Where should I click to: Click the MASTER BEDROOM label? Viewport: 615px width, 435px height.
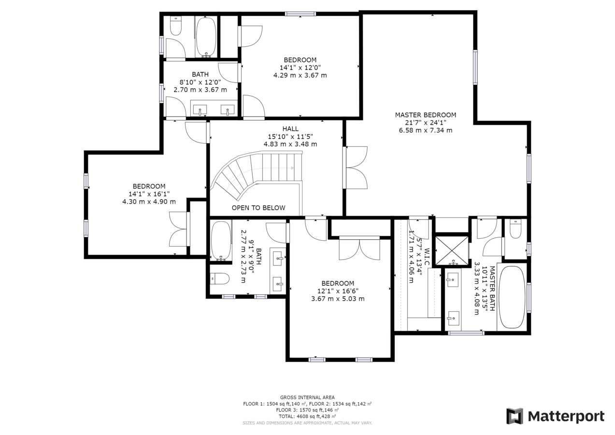tap(426, 115)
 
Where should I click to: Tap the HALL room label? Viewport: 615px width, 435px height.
tap(290, 129)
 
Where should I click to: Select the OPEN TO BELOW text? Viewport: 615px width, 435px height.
tap(258, 208)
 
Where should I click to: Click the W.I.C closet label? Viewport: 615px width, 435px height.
tap(427, 257)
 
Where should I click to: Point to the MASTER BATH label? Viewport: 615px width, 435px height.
tap(492, 289)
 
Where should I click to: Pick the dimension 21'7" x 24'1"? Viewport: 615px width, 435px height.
tap(426, 123)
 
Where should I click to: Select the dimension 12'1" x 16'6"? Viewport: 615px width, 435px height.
tap(338, 291)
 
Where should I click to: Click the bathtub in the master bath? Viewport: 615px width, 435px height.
tap(512, 297)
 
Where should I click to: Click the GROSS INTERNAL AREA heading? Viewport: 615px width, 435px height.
tap(307, 397)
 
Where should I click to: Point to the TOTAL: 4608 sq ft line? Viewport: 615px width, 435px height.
tap(307, 416)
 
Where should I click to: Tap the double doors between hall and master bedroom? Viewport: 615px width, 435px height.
tap(356, 168)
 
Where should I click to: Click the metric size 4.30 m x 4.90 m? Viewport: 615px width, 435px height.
tap(149, 202)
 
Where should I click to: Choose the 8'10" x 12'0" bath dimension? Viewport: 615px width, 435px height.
tap(200, 82)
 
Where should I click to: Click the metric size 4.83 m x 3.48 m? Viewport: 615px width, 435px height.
tap(290, 144)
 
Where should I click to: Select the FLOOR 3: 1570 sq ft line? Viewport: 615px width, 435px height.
tap(307, 410)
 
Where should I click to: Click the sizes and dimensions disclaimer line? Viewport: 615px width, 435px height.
tap(307, 423)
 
